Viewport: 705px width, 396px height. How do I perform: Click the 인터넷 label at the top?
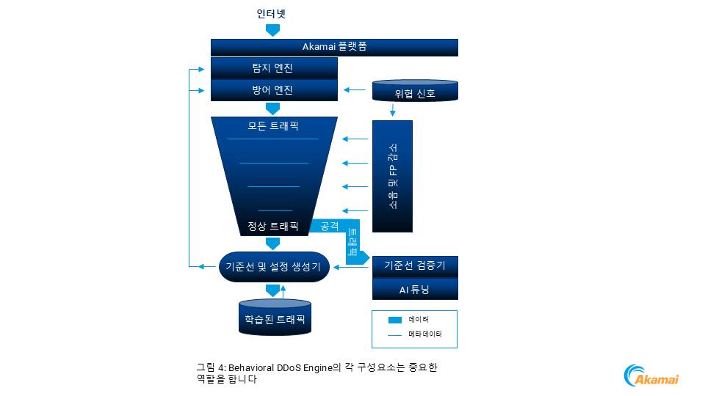[x=271, y=14]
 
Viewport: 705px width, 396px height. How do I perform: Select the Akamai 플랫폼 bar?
[x=334, y=47]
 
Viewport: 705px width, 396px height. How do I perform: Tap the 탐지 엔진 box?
[x=273, y=68]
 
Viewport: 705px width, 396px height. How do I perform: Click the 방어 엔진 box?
[x=273, y=90]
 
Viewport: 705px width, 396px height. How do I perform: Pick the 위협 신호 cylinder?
[x=415, y=93]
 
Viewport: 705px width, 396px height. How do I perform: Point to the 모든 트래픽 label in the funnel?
[x=273, y=126]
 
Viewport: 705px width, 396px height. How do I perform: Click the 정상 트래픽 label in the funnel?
[x=273, y=227]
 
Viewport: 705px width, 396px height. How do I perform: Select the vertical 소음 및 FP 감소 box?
[x=392, y=176]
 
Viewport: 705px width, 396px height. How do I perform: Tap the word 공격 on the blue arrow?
[x=330, y=226]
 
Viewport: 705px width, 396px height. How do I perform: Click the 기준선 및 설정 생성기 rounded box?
[x=272, y=267]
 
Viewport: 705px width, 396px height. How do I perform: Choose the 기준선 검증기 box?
[x=415, y=266]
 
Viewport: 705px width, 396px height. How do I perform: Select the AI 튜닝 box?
[x=415, y=289]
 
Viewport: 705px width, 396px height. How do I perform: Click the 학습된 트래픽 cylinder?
[x=275, y=320]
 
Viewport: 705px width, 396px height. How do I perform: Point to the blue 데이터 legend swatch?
[x=394, y=320]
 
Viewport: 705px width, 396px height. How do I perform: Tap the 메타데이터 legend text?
[x=424, y=335]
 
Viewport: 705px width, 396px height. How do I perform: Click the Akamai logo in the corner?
[x=651, y=375]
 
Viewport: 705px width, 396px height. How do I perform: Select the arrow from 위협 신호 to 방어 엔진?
[x=355, y=90]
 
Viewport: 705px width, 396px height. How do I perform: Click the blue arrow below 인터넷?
[x=272, y=30]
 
